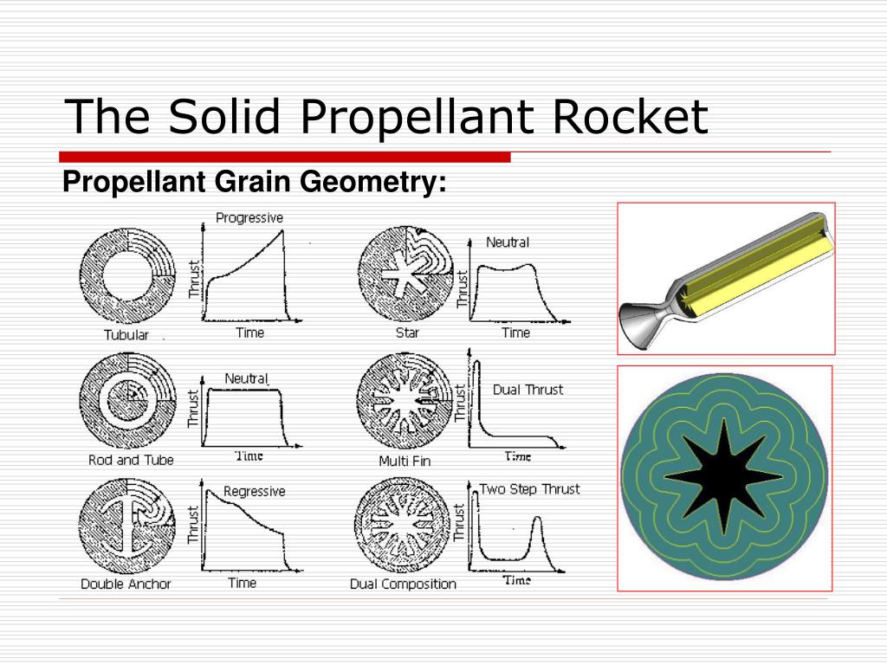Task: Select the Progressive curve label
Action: tap(249, 217)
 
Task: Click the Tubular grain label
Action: tap(126, 335)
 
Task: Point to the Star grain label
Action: tap(407, 332)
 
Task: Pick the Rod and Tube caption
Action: tap(131, 460)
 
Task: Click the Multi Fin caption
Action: tap(405, 461)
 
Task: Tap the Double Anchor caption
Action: tap(126, 584)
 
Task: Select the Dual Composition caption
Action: tap(403, 584)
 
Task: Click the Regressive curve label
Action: tap(254, 491)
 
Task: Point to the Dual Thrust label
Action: tap(528, 390)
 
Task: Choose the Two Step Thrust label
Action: tap(529, 489)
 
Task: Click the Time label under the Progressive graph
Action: tap(249, 332)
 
